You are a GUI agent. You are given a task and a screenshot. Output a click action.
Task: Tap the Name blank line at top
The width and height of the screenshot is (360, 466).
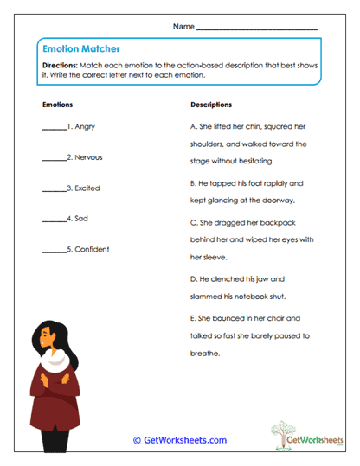[256, 29]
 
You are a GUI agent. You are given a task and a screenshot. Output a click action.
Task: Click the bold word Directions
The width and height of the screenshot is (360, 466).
[59, 65]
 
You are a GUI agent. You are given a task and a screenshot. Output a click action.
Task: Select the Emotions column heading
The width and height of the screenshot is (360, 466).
[57, 105]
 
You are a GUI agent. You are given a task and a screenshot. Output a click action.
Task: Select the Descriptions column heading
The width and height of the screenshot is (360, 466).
[210, 105]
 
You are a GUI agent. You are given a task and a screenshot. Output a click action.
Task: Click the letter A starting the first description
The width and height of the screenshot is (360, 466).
[192, 126]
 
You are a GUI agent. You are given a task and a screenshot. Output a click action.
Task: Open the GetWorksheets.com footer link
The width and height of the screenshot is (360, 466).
[179, 440]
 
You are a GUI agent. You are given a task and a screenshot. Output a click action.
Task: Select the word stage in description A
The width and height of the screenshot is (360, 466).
[204, 161]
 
